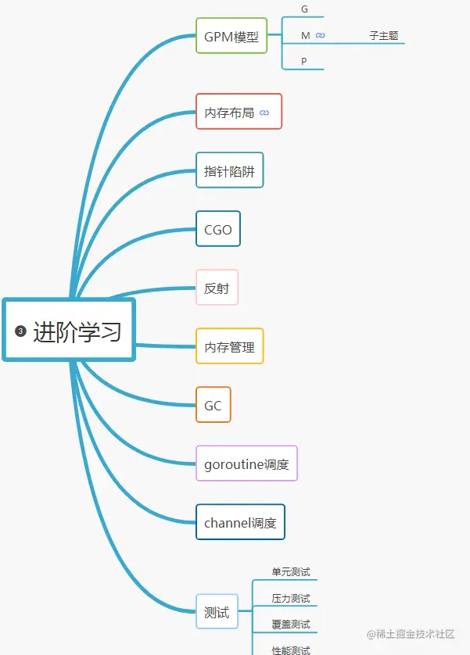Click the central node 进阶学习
pos(77,331)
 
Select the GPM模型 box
pos(231,36)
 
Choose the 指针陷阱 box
pos(229,171)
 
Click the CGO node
pos(217,230)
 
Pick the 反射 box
pos(217,288)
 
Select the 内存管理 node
pos(229,347)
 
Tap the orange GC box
pos(213,406)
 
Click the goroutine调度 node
pos(246,464)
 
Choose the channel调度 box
pos(239,523)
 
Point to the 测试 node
pos(216,613)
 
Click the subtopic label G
pos(304,9)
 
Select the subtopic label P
pos(304,61)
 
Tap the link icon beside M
pos(320,36)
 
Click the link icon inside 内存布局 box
pos(264,113)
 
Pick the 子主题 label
pos(383,36)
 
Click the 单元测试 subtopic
pos(290,572)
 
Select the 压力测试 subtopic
pos(290,599)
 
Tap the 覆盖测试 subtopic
pos(290,625)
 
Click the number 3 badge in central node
pos(20,331)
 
